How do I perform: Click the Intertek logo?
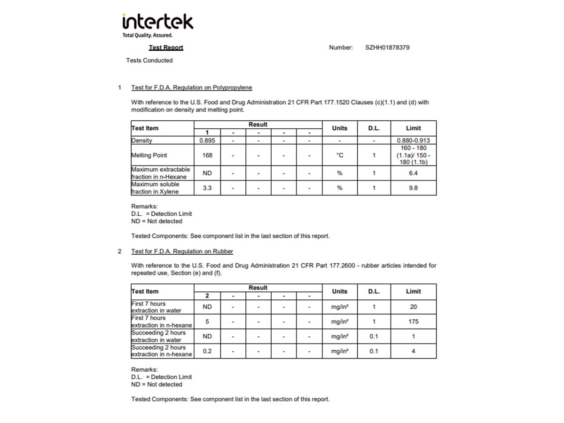point(157,25)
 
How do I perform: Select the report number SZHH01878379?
point(387,47)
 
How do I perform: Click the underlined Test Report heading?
point(166,47)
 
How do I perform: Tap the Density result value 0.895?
point(207,141)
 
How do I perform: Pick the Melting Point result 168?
point(207,155)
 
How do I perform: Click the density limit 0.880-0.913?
point(413,141)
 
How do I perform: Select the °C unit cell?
point(339,155)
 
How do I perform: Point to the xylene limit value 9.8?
point(413,188)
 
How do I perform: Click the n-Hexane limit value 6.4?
point(413,173)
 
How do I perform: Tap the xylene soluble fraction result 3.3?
point(207,188)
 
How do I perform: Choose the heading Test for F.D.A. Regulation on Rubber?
point(182,251)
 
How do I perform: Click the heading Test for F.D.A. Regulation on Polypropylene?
point(191,87)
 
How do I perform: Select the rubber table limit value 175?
point(413,321)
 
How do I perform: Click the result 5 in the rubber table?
point(207,321)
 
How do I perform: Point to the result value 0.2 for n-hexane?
point(207,351)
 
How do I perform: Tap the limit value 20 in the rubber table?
point(413,307)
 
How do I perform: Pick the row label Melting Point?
point(149,155)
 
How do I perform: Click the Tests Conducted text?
point(149,61)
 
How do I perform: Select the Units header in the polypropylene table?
point(339,128)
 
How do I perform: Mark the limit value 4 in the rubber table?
point(413,351)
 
